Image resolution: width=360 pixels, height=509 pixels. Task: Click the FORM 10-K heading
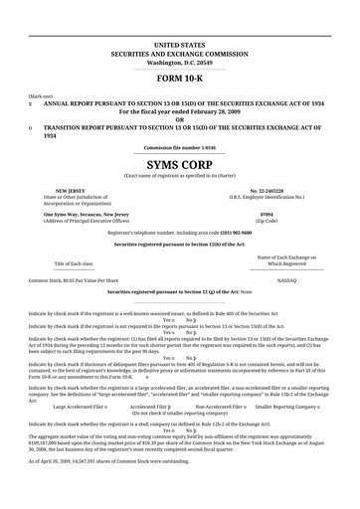(x=180, y=79)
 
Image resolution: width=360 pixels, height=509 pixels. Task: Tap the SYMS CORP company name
(x=180, y=163)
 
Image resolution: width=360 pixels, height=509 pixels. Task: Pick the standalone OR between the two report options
(x=180, y=119)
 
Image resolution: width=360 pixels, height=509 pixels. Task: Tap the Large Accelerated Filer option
(x=80, y=407)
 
